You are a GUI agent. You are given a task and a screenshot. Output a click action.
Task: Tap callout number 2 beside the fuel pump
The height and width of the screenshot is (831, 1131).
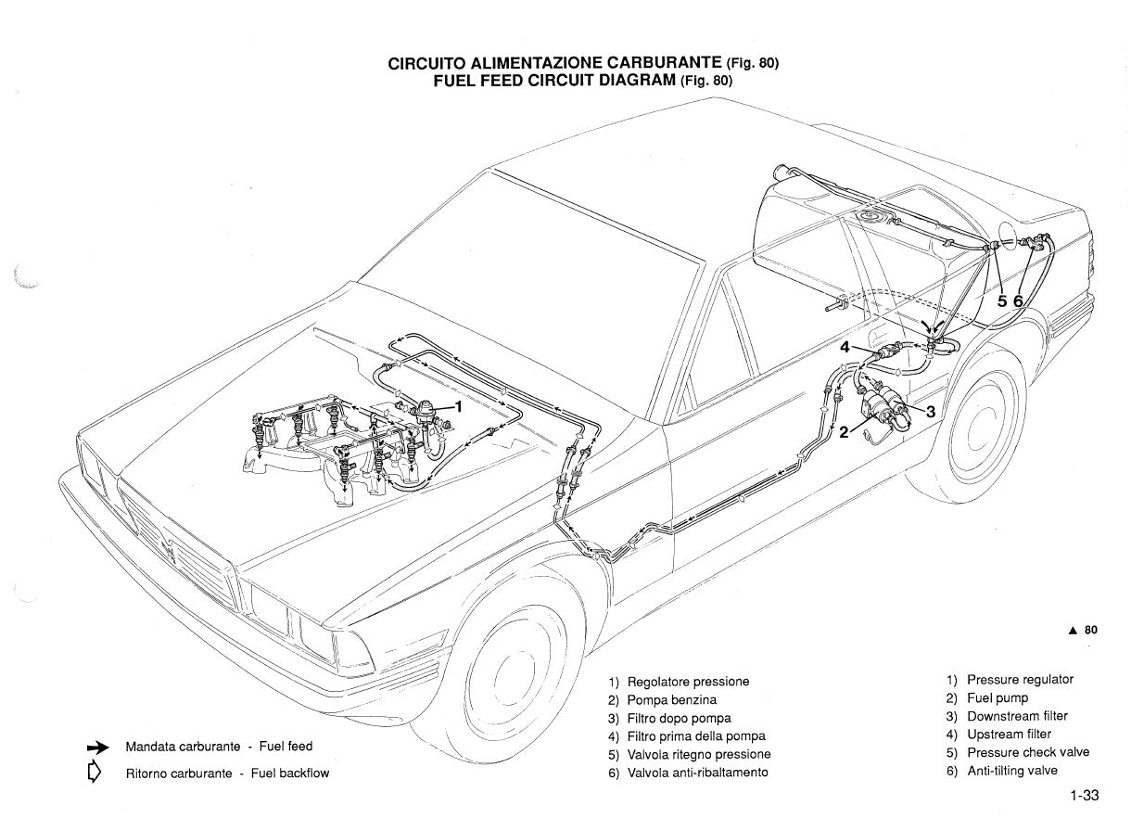click(x=844, y=431)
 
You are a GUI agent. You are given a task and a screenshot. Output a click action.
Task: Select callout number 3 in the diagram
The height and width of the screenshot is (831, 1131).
click(x=930, y=413)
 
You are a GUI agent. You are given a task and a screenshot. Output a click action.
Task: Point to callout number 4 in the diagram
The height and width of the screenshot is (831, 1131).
click(x=845, y=348)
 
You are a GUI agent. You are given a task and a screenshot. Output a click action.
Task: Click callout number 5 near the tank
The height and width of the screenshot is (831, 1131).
click(x=1002, y=301)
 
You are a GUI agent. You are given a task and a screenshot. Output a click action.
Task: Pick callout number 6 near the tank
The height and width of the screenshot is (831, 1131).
click(x=1018, y=301)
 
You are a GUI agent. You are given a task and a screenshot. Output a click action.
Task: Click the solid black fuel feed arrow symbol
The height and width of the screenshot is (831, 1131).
click(x=97, y=748)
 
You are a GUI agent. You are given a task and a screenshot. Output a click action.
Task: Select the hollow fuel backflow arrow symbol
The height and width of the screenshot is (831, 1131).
click(x=94, y=772)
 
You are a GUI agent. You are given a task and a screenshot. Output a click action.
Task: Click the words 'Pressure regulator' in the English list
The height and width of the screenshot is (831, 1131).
click(x=1020, y=680)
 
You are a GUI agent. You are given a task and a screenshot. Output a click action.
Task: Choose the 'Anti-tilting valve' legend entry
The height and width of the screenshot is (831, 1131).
click(x=1011, y=771)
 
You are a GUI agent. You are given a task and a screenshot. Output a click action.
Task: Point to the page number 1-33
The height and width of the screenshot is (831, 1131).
click(x=1083, y=796)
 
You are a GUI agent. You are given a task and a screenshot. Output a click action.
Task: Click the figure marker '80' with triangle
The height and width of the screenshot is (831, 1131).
click(x=1084, y=630)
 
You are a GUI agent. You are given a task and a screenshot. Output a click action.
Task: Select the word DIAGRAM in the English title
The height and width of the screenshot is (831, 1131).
click(x=631, y=81)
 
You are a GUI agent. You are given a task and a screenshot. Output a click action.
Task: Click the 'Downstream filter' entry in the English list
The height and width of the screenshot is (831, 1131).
click(x=1017, y=716)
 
